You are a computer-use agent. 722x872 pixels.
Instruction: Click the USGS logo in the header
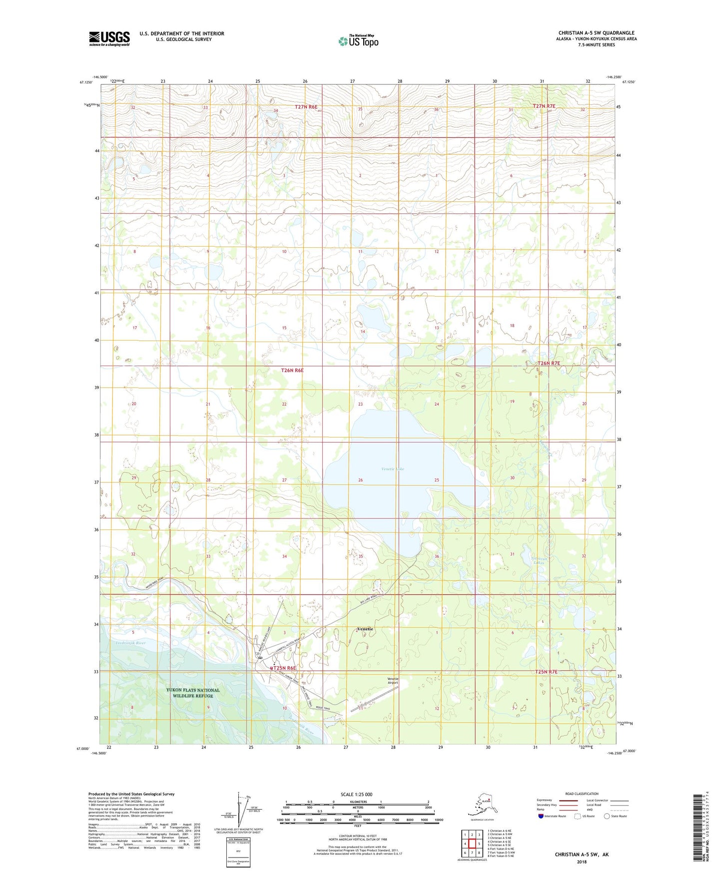coord(109,38)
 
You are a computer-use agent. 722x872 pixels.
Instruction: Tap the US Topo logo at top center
coord(358,41)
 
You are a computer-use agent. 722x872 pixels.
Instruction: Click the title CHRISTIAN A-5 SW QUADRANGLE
coord(596,33)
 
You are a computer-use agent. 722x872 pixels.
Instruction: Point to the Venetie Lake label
coord(393,469)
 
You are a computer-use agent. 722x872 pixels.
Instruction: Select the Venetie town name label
coord(365,629)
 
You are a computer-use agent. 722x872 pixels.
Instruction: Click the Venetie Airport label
coord(393,680)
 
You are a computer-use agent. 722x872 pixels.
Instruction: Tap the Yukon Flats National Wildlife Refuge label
coord(193,693)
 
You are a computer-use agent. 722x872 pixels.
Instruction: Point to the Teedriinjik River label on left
coord(130,643)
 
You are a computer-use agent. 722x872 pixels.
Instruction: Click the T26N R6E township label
coord(292,371)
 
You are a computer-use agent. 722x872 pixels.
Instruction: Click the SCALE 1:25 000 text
coord(356,795)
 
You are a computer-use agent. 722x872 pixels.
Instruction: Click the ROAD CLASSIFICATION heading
coord(582,794)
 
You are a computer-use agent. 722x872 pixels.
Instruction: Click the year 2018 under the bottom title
coord(582,862)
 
